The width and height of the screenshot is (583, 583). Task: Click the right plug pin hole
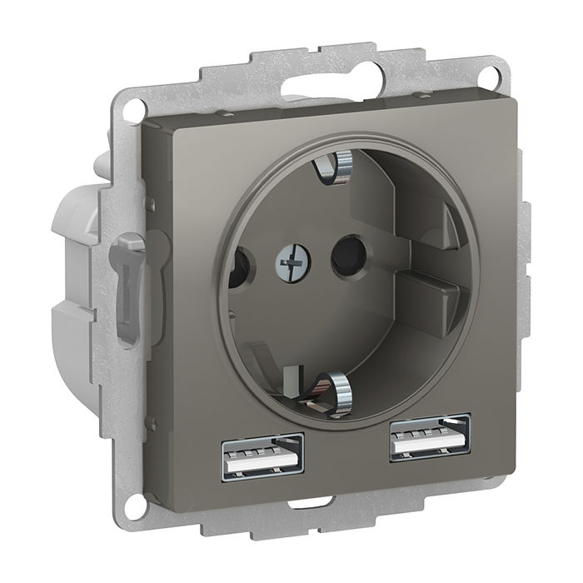tap(342, 261)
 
